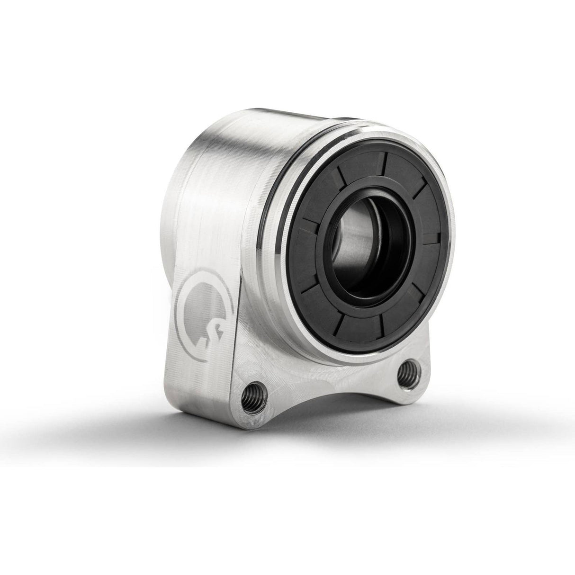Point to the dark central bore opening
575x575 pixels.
[x=370, y=247]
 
